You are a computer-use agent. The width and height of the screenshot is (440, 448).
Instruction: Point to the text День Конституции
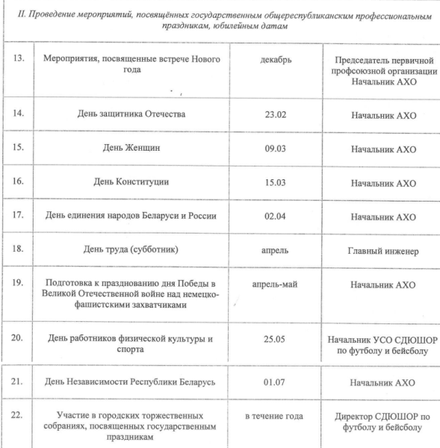[x=134, y=182]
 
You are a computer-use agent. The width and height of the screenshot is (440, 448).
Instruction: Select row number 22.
[x=19, y=416]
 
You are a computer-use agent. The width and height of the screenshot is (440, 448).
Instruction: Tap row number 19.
[x=19, y=284]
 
